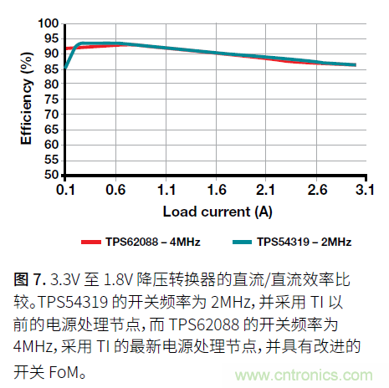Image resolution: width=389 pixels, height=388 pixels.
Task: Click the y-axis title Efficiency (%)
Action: (27, 99)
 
